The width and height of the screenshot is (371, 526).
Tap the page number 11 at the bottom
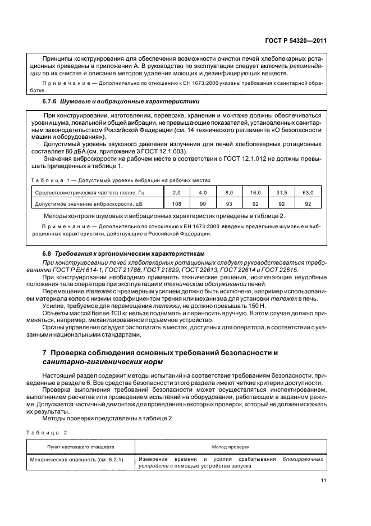(323, 480)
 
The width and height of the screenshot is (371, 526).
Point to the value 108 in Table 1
(176, 204)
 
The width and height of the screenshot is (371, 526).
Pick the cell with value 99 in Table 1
(203, 204)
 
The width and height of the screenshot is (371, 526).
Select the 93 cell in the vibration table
(228, 204)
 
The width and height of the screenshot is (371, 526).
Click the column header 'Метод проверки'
(231, 447)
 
